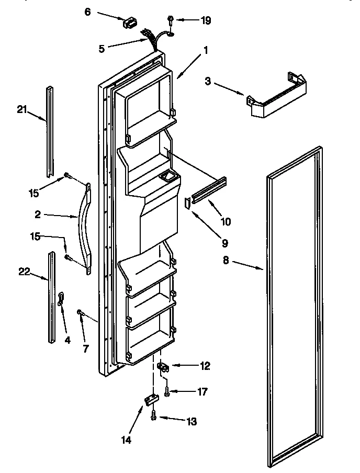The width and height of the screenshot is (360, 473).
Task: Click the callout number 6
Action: pyautogui.click(x=87, y=11)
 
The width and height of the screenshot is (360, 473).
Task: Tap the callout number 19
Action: pyautogui.click(x=206, y=20)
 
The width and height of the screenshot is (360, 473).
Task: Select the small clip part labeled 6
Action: pyautogui.click(x=129, y=23)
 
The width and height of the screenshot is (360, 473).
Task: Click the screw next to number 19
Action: pyautogui.click(x=171, y=20)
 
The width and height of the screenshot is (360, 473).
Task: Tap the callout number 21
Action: pyautogui.click(x=21, y=109)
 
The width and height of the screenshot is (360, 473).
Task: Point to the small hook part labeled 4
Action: pyautogui.click(x=61, y=299)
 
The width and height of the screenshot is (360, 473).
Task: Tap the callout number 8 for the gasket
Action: pyautogui.click(x=226, y=260)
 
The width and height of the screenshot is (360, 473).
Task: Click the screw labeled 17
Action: pyautogui.click(x=167, y=391)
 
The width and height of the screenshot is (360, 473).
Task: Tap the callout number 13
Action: pyautogui.click(x=192, y=421)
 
